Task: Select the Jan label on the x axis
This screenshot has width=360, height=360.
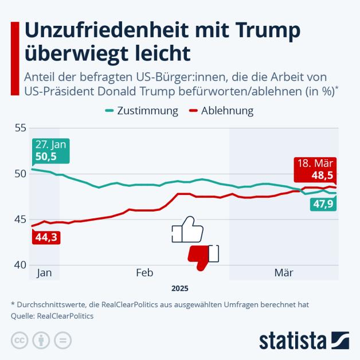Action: pyautogui.click(x=44, y=273)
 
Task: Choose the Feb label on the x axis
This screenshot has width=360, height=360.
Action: pyautogui.click(x=144, y=273)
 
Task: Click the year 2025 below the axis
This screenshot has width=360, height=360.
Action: pyautogui.click(x=179, y=288)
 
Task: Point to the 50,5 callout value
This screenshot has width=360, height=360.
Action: pyautogui.click(x=47, y=156)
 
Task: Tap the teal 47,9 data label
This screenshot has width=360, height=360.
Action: pyautogui.click(x=323, y=204)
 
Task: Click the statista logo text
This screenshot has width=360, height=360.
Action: pyautogui.click(x=292, y=339)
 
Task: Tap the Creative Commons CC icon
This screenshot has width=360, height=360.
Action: pyautogui.click(x=19, y=340)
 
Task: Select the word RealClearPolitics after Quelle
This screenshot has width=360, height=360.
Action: pyautogui.click(x=64, y=315)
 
